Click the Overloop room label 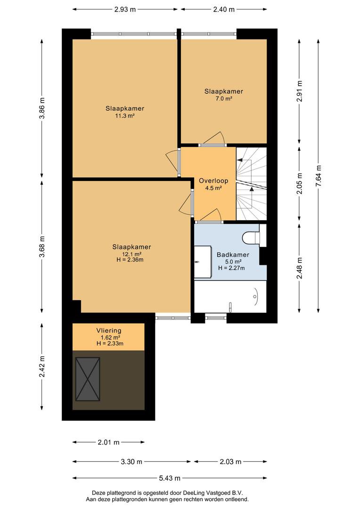pyautogui.click(x=213, y=181)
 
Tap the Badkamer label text pyautogui.click(x=233, y=255)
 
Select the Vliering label pyautogui.click(x=109, y=331)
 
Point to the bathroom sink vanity pyautogui.click(x=203, y=262)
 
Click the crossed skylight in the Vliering pyautogui.click(x=87, y=379)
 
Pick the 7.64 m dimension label pyautogui.click(x=319, y=176)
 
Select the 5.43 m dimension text pyautogui.click(x=170, y=478)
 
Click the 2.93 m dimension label pyautogui.click(x=125, y=9)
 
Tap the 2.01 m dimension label pyautogui.click(x=109, y=442)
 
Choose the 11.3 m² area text pyautogui.click(x=125, y=115)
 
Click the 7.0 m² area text pyautogui.click(x=224, y=99)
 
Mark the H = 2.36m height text pyautogui.click(x=130, y=260)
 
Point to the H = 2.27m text pyautogui.click(x=231, y=268)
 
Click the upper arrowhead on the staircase pyautogui.click(x=239, y=160)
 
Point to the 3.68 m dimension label pyautogui.click(x=42, y=246)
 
